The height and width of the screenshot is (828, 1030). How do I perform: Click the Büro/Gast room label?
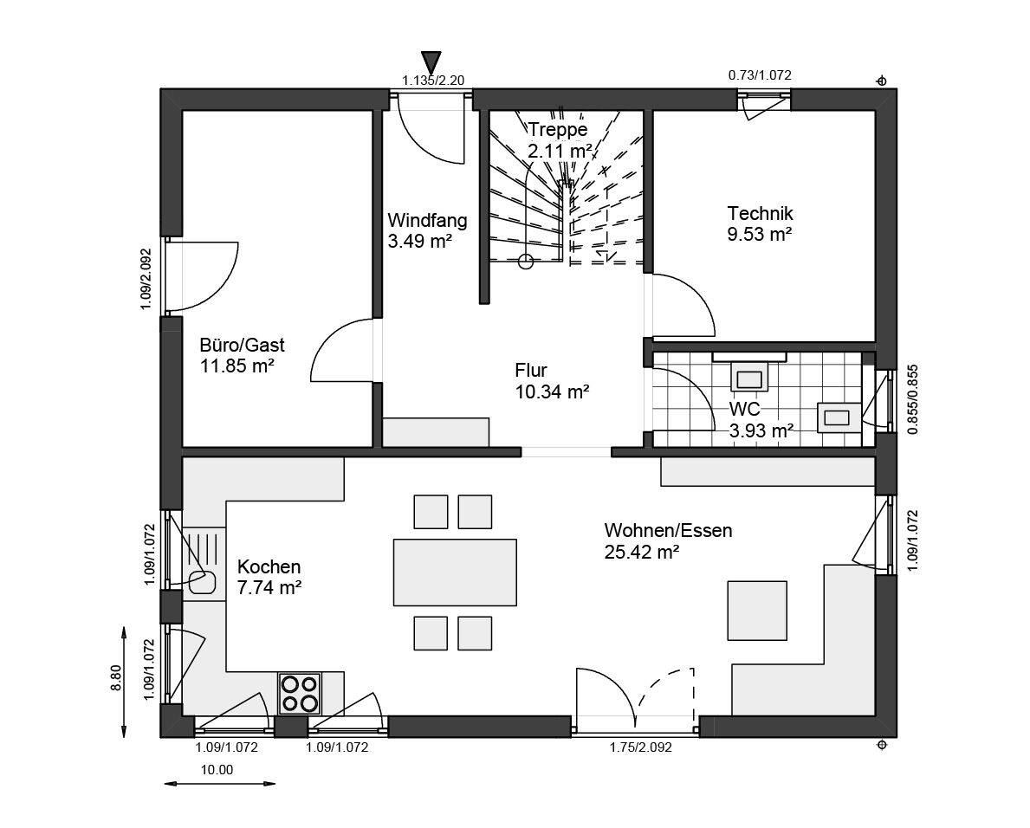point(242,345)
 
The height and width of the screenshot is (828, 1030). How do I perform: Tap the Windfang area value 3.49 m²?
point(420,241)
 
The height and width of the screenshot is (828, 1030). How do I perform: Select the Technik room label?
point(760,213)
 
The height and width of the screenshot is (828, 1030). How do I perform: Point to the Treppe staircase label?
point(558,129)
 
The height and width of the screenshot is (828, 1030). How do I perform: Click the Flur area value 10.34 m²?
point(552,392)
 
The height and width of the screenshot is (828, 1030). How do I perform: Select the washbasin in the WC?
point(839,417)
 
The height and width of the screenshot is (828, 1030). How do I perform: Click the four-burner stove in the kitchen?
point(300,694)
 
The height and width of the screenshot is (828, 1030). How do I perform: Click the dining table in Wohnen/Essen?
point(455,572)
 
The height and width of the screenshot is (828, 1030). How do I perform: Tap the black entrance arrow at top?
point(431,61)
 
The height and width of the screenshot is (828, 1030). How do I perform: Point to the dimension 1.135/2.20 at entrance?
point(433,81)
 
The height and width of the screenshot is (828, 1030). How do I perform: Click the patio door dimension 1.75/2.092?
point(640,747)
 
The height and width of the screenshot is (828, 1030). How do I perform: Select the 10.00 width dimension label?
point(217,770)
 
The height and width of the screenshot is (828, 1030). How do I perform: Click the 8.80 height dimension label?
point(116,678)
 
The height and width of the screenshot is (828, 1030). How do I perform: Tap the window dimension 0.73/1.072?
point(760,75)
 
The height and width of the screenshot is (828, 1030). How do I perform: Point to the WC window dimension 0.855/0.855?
point(912,399)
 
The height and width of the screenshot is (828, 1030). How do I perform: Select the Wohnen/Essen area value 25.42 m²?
point(641,553)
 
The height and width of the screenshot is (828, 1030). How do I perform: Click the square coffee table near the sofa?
point(757,610)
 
